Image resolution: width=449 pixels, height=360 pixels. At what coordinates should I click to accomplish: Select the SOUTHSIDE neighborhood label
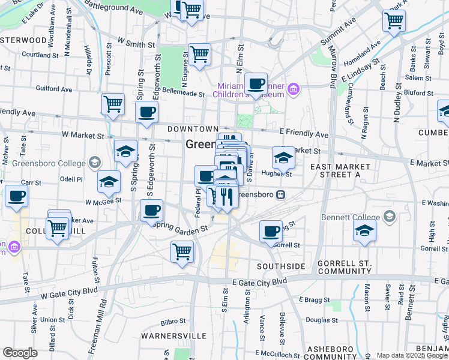tap(281, 266)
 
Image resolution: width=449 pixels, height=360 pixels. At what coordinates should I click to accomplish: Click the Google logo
tap(20, 353)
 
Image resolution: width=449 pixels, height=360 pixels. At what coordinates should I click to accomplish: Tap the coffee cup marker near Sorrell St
tap(271, 230)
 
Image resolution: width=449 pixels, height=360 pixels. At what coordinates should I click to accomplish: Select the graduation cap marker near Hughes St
tap(283, 157)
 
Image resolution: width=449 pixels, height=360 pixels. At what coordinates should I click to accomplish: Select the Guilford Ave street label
tap(55, 88)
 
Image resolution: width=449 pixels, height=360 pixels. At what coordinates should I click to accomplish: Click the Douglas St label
tap(319, 320)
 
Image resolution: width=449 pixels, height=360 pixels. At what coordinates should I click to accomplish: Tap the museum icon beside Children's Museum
tap(293, 90)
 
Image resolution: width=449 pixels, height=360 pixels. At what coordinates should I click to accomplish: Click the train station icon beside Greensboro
tap(280, 194)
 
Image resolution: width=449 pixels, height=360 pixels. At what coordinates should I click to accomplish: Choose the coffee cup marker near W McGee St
tap(152, 210)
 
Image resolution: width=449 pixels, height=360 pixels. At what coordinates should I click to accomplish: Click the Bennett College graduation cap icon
tap(390, 216)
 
